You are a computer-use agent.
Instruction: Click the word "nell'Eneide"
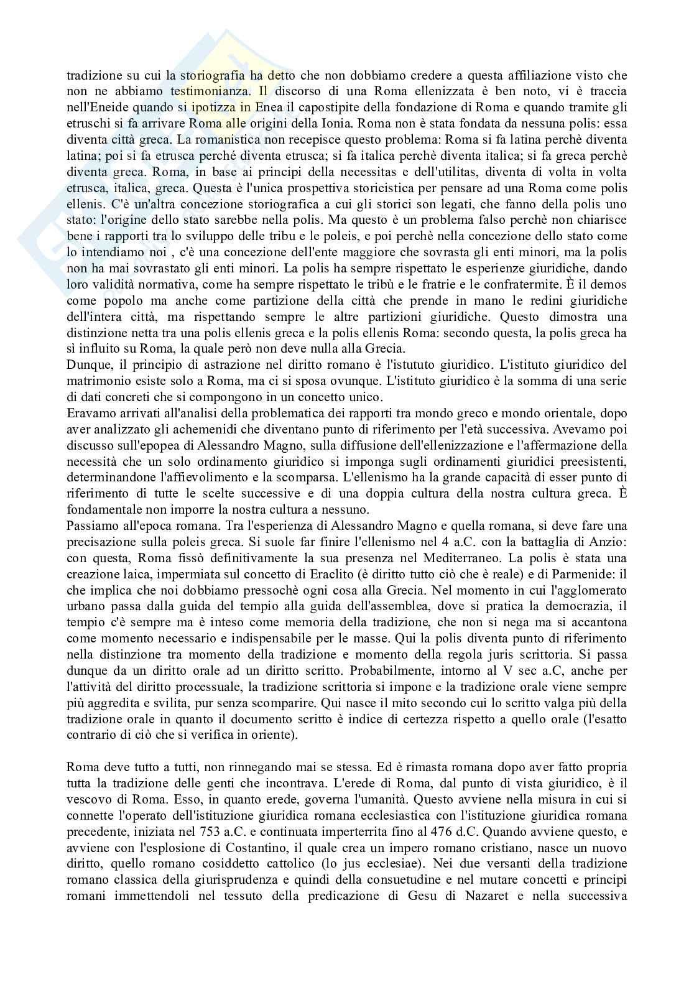tap(94, 106)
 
